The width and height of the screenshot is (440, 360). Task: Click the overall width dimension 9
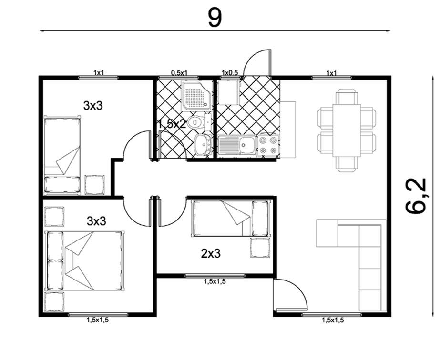(215, 17)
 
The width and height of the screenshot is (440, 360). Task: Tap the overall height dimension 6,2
(416, 196)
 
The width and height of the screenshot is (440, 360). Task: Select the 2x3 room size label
(211, 254)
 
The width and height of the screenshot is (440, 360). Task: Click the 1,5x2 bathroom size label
(172, 124)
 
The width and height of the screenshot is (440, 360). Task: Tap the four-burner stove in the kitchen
(268, 145)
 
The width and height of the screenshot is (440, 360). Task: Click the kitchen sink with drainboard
(237, 145)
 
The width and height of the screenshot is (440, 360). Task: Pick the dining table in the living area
(347, 130)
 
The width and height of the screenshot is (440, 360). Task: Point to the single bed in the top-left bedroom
(62, 155)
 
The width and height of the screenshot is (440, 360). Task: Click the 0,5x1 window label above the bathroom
(179, 72)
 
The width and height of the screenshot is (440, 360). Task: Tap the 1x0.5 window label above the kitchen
(230, 72)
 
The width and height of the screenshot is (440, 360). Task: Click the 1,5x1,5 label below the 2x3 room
(215, 281)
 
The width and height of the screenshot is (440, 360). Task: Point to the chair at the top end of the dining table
(347, 97)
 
